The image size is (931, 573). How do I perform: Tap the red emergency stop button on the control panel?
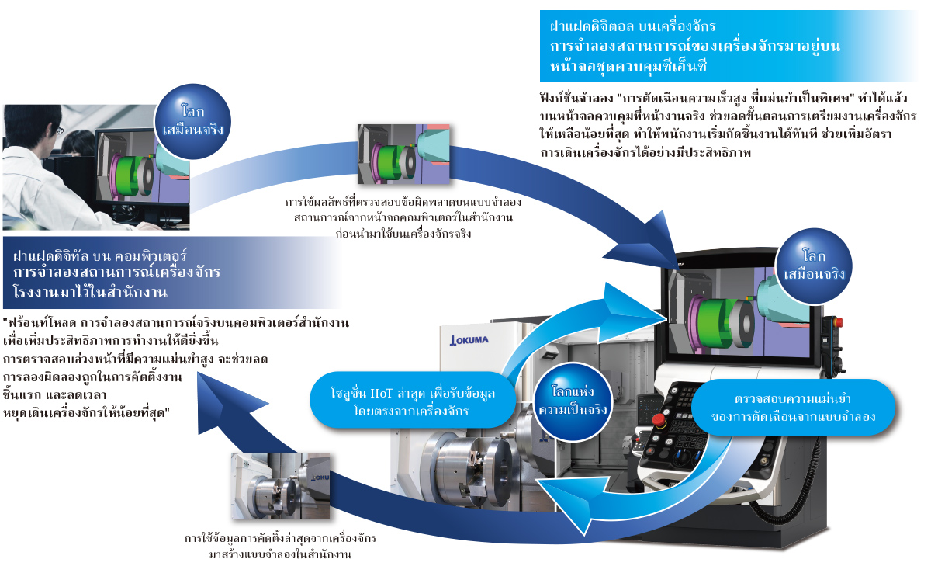[x=658, y=420]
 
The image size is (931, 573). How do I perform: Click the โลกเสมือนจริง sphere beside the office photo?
[x=189, y=117]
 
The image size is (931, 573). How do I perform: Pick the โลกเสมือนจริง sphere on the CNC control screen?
[x=814, y=266]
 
